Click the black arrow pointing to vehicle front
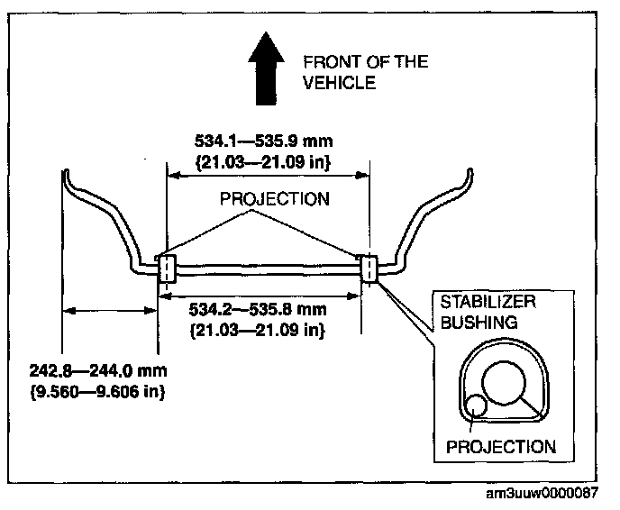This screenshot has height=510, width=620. point(267,66)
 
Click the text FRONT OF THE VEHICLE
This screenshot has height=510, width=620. point(364,72)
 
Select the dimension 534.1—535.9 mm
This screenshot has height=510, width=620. point(264,141)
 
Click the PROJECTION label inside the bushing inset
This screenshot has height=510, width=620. point(500,447)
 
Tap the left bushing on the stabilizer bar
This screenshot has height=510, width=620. point(167,269)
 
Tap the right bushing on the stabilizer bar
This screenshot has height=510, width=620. point(369,267)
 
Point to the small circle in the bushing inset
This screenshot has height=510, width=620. point(474,406)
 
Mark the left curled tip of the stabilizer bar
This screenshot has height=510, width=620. point(68,172)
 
